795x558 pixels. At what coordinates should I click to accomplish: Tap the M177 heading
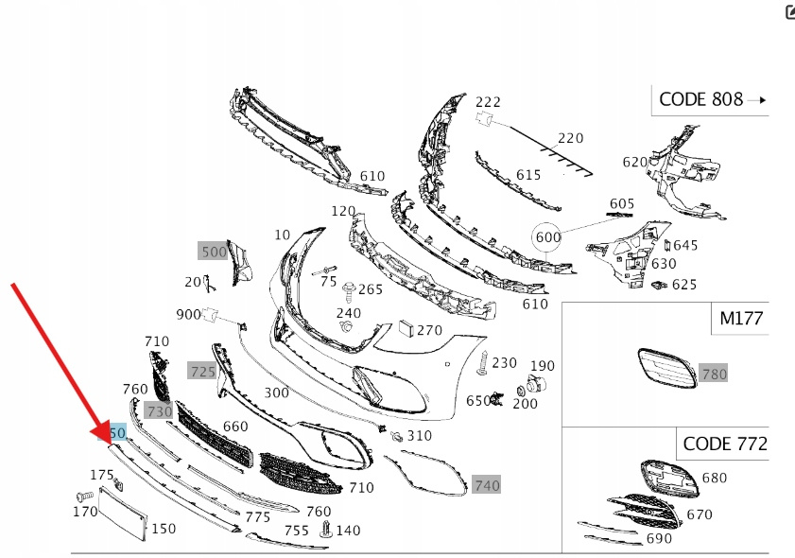pyautogui.click(x=740, y=319)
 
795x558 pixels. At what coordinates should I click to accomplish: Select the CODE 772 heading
pyautogui.click(x=724, y=443)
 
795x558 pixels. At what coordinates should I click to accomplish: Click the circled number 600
pyautogui.click(x=548, y=237)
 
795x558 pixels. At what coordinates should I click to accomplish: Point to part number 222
pyautogui.click(x=488, y=101)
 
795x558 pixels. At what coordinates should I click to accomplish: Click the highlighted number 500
pyautogui.click(x=214, y=252)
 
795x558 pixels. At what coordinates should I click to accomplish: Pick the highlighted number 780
pyautogui.click(x=714, y=375)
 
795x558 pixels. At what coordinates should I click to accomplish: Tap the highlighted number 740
pyautogui.click(x=486, y=485)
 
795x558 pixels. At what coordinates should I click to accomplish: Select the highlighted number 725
pyautogui.click(x=202, y=372)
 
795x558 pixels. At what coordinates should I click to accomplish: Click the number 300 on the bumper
pyautogui.click(x=276, y=392)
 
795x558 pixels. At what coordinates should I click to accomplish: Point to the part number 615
pyautogui.click(x=527, y=175)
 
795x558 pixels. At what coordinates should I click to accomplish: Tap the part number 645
pyautogui.click(x=684, y=246)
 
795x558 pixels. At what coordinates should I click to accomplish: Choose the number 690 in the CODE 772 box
pyautogui.click(x=659, y=538)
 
